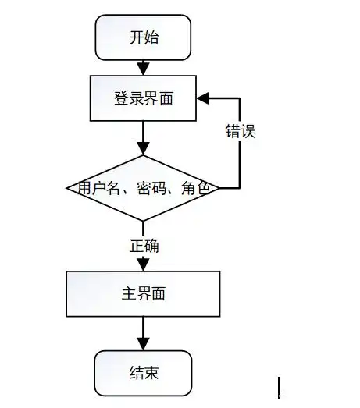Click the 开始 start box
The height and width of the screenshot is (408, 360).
pyautogui.click(x=143, y=37)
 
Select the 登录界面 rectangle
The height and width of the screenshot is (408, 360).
pyautogui.click(x=143, y=99)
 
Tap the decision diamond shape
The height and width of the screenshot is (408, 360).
pyautogui.click(x=143, y=188)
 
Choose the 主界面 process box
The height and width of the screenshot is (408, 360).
pyautogui.click(x=143, y=294)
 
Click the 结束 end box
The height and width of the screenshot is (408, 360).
pyautogui.click(x=143, y=373)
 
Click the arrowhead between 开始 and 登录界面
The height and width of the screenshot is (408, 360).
pyautogui.click(x=143, y=69)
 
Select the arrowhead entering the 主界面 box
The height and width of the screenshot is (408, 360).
pyautogui.click(x=143, y=264)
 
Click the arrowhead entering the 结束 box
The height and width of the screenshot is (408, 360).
pyautogui.click(x=143, y=344)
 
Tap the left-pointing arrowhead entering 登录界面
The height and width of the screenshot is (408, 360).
pyautogui.click(x=203, y=99)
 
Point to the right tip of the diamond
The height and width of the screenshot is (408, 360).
pyautogui.click(x=218, y=188)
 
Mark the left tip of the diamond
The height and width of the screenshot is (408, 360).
pyautogui.click(x=68, y=188)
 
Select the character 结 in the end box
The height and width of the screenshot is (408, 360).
pyautogui.click(x=135, y=373)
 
